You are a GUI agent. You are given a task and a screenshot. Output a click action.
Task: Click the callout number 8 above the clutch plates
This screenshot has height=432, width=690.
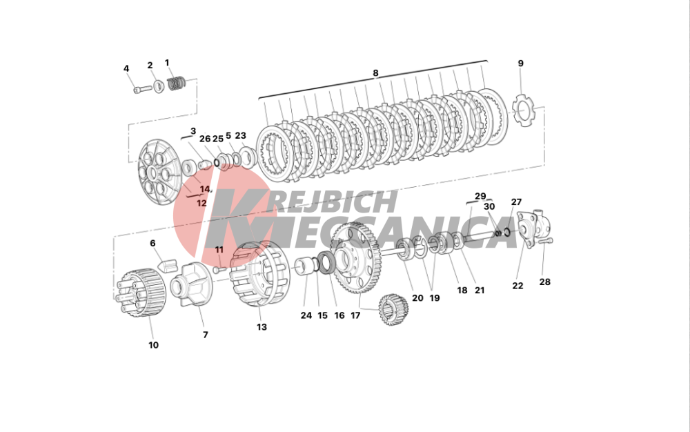tap(375, 73)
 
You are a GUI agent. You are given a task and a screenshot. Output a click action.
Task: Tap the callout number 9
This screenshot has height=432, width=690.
tap(520, 63)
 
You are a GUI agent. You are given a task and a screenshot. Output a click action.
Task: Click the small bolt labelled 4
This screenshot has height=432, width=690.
tap(142, 89)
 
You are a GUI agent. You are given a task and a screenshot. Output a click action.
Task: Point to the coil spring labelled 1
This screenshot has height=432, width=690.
tap(177, 83)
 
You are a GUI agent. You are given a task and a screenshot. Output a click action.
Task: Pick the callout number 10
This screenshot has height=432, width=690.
tap(153, 345)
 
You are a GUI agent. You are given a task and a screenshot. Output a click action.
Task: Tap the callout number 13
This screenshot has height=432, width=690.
tap(262, 327)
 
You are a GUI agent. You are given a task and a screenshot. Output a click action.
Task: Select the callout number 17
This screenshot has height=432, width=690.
tap(355, 315)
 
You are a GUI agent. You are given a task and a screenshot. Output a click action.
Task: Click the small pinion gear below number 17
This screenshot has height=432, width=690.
tap(394, 310)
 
